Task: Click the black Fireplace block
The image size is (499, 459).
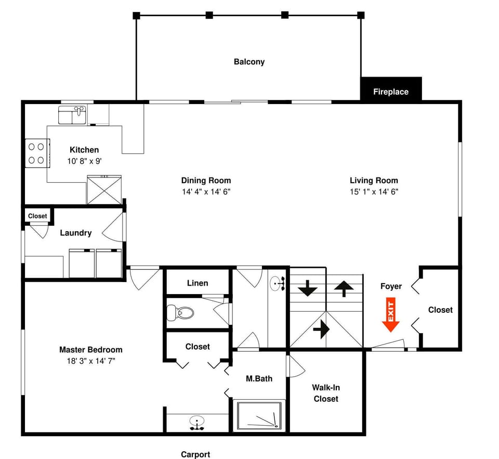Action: click(391, 89)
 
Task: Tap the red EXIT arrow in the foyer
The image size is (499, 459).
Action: click(390, 315)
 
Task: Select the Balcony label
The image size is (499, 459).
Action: click(249, 62)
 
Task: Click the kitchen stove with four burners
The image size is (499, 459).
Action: click(36, 154)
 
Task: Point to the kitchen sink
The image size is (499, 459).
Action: click(72, 115)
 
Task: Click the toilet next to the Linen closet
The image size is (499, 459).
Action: click(180, 313)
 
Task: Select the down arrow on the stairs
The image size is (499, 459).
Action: click(307, 288)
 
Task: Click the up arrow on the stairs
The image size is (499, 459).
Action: click(344, 288)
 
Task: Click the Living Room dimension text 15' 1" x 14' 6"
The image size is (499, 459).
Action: click(374, 192)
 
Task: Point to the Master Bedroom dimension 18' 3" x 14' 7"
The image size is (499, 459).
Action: click(91, 361)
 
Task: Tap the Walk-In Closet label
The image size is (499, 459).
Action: click(325, 393)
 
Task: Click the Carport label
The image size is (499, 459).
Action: click(195, 454)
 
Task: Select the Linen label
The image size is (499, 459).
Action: click(198, 283)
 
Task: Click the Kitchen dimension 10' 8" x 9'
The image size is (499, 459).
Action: click(84, 161)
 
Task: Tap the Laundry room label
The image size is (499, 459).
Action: click(75, 233)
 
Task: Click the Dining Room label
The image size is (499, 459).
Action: click(206, 181)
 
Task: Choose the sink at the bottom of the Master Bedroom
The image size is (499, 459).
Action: click(196, 422)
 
